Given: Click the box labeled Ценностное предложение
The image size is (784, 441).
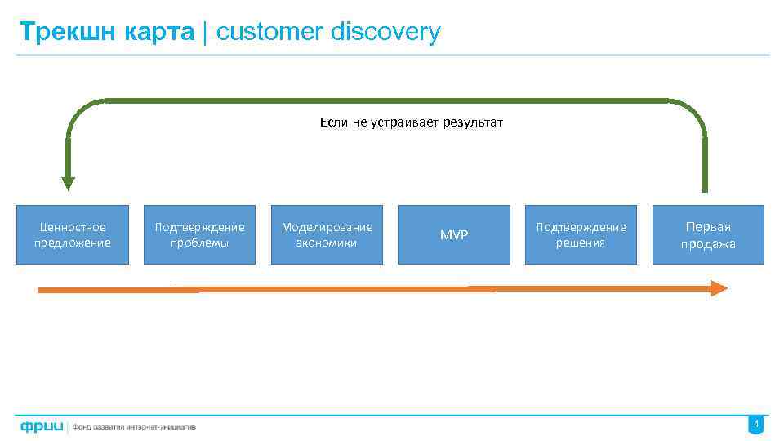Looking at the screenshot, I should click(x=73, y=234).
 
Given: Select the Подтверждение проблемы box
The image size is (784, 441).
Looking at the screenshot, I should click(x=199, y=234).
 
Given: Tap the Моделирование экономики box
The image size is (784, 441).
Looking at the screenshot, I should click(x=327, y=234).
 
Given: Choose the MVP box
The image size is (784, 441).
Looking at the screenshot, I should click(x=454, y=234).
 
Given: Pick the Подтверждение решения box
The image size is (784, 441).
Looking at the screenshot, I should click(x=581, y=234).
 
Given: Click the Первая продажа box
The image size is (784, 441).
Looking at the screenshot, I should click(x=708, y=234).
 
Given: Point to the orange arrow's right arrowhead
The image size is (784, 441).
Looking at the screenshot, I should click(x=719, y=287).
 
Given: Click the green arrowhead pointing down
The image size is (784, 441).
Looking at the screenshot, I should click(x=68, y=184).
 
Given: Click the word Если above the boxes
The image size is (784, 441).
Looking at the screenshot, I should click(x=334, y=122).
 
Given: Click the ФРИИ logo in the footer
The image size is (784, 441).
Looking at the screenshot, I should click(x=38, y=425).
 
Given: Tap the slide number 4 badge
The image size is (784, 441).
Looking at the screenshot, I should click(x=756, y=425).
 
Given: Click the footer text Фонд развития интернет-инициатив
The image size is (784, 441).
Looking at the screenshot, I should click(x=134, y=426).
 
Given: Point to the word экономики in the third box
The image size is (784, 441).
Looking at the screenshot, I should click(x=327, y=243).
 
